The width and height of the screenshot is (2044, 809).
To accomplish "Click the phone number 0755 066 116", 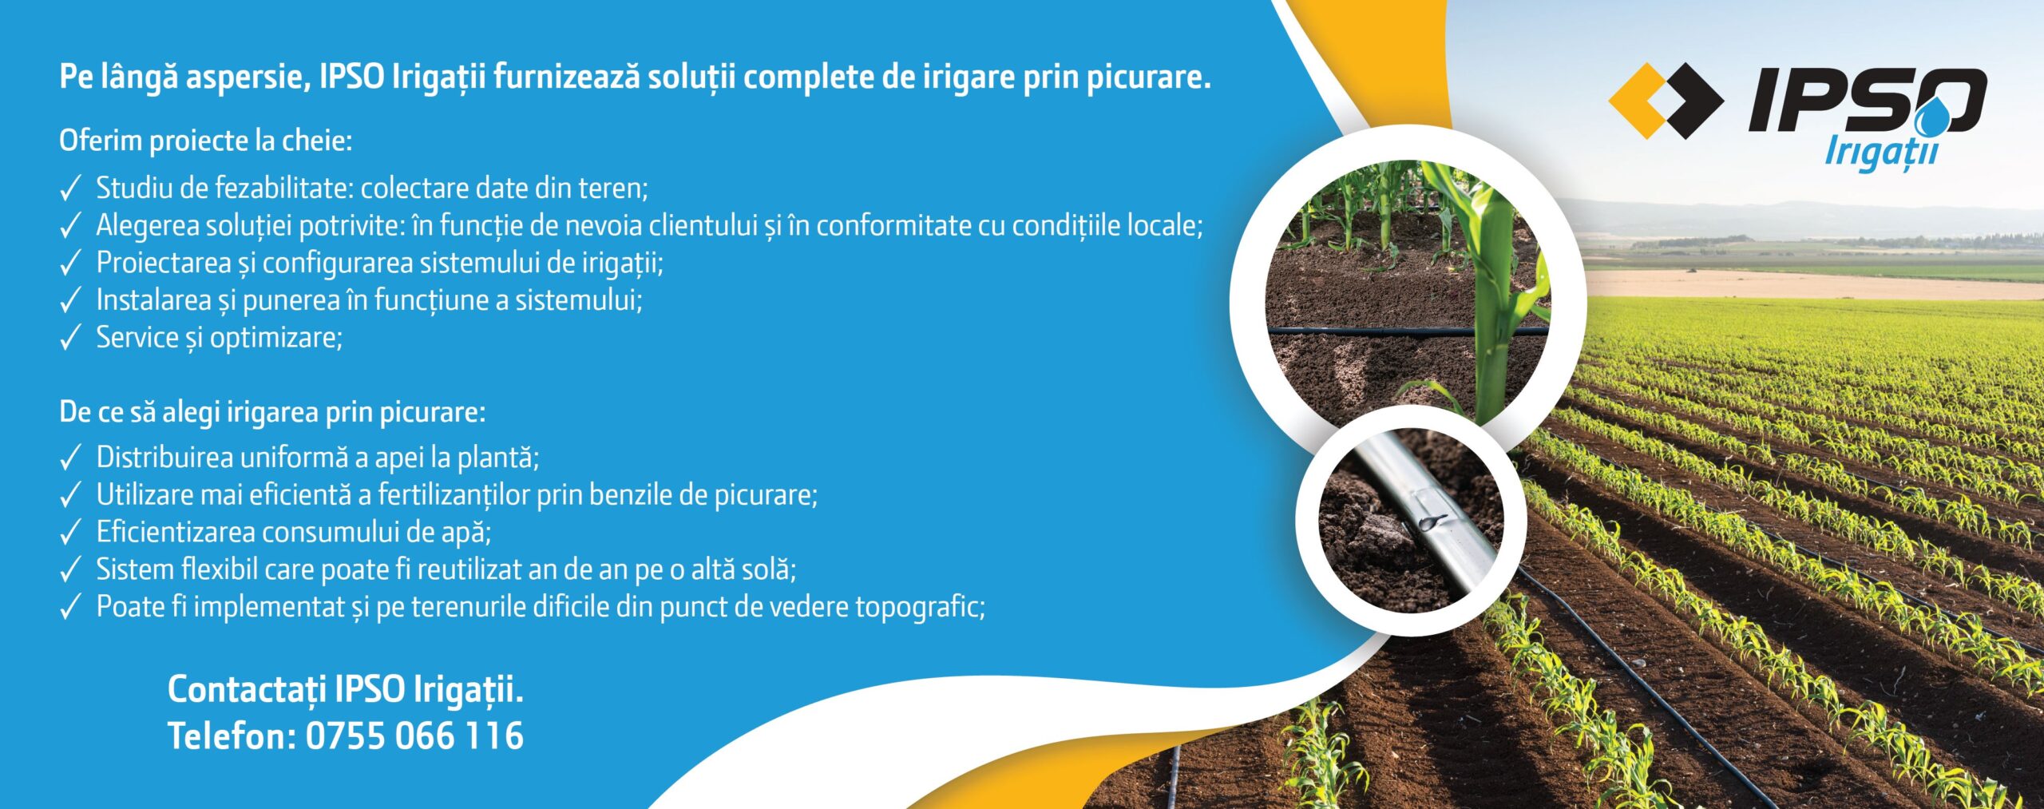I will [x=414, y=736].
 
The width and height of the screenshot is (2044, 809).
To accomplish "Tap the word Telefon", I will [x=228, y=736].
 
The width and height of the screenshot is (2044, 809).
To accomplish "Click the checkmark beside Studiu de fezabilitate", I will [x=71, y=189].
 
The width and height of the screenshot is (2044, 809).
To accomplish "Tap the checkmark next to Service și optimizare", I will [x=71, y=339].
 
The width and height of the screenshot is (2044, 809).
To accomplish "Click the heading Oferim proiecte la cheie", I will [x=205, y=141].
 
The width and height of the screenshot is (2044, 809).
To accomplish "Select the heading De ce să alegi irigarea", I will [x=271, y=412].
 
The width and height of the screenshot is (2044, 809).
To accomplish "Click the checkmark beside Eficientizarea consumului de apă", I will [x=71, y=533].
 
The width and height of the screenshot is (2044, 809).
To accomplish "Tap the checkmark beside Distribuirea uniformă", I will [x=71, y=458].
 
